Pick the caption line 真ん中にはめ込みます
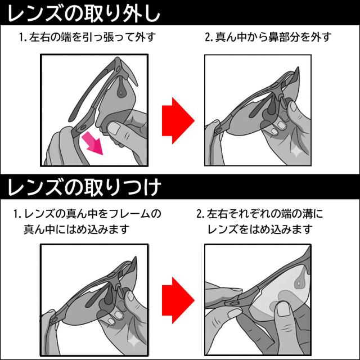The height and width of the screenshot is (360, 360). [76, 229]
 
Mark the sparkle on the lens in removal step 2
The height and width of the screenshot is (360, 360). [296, 151]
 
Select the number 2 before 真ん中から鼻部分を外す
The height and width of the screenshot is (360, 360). [207, 38]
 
